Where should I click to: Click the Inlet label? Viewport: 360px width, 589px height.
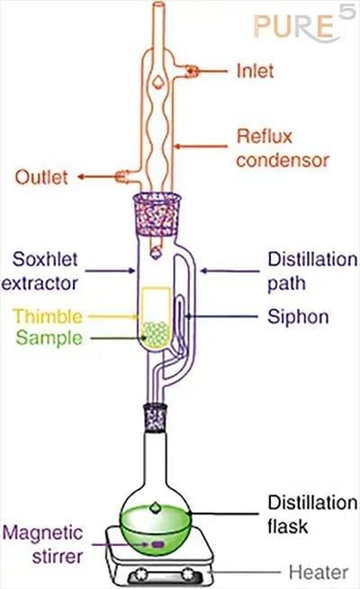254,71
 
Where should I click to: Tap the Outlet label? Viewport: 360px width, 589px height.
41,177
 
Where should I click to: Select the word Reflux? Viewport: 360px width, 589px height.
264,136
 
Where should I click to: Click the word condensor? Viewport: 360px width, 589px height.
282,160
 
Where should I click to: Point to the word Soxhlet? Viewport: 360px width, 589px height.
45,259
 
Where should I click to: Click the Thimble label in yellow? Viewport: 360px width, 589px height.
47,317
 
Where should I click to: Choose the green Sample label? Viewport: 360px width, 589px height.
49,338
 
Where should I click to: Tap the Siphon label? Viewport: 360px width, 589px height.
299,317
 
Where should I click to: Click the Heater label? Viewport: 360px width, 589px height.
319,573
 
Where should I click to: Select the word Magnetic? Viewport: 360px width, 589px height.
42,532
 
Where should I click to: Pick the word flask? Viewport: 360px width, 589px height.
288,526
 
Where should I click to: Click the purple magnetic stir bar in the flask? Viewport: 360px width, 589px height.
157,544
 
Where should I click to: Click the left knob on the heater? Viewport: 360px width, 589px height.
142,574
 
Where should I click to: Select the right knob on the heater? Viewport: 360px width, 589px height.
188,574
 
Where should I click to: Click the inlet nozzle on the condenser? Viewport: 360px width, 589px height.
192,71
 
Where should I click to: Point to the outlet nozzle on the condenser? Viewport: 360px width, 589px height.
123,177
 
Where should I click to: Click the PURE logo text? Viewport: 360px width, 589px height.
294,27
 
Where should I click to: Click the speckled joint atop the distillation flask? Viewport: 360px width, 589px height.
156,417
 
